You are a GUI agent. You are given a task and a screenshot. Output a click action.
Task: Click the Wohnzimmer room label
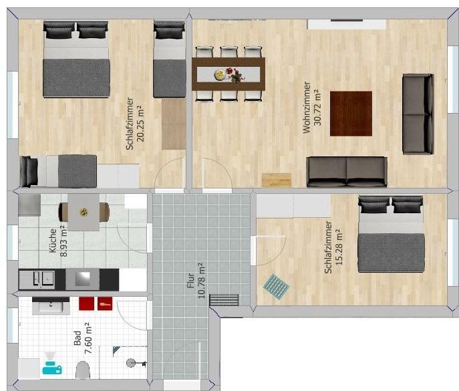coord(307,108)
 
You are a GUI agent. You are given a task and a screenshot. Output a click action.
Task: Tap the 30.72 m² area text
coord(317,108)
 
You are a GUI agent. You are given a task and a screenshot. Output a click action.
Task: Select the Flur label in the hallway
coord(191,281)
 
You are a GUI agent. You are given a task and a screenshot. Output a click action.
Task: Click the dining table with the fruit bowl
coord(228,74)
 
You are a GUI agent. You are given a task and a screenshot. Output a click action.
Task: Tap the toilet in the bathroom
coord(84,370)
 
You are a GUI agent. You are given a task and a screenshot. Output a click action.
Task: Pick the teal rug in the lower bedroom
coord(276,285)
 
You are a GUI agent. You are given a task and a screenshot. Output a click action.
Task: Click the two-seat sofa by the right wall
coord(417,114)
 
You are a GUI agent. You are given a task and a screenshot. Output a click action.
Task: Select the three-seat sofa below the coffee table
coord(346,171)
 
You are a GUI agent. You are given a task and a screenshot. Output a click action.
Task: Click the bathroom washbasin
coord(51,305)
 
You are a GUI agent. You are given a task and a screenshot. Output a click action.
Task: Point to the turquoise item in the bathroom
coord(52,364)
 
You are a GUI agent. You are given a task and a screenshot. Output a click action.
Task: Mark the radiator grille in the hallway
coord(224,299)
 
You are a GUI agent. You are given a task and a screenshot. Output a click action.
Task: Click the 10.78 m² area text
coord(202,281)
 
